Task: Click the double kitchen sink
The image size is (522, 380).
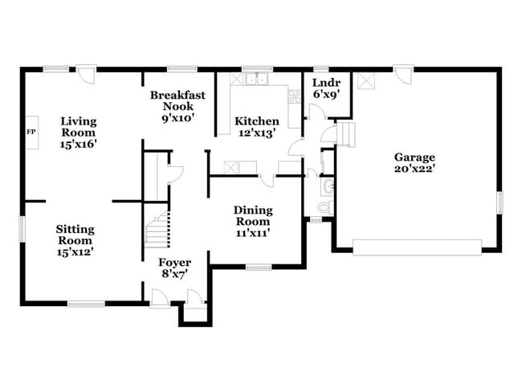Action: click(x=259, y=79)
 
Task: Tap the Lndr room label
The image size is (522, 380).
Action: click(x=326, y=82)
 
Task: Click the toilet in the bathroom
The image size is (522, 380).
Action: click(x=324, y=207)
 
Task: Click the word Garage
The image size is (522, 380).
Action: click(x=414, y=157)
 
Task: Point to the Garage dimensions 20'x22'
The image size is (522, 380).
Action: click(x=414, y=170)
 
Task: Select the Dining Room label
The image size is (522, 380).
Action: click(x=252, y=215)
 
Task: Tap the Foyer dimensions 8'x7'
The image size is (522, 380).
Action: click(x=174, y=275)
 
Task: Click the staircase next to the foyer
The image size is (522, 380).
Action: click(x=157, y=227)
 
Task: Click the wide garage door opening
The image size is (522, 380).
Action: click(x=418, y=246)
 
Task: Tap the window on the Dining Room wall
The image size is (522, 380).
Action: click(x=258, y=267)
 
